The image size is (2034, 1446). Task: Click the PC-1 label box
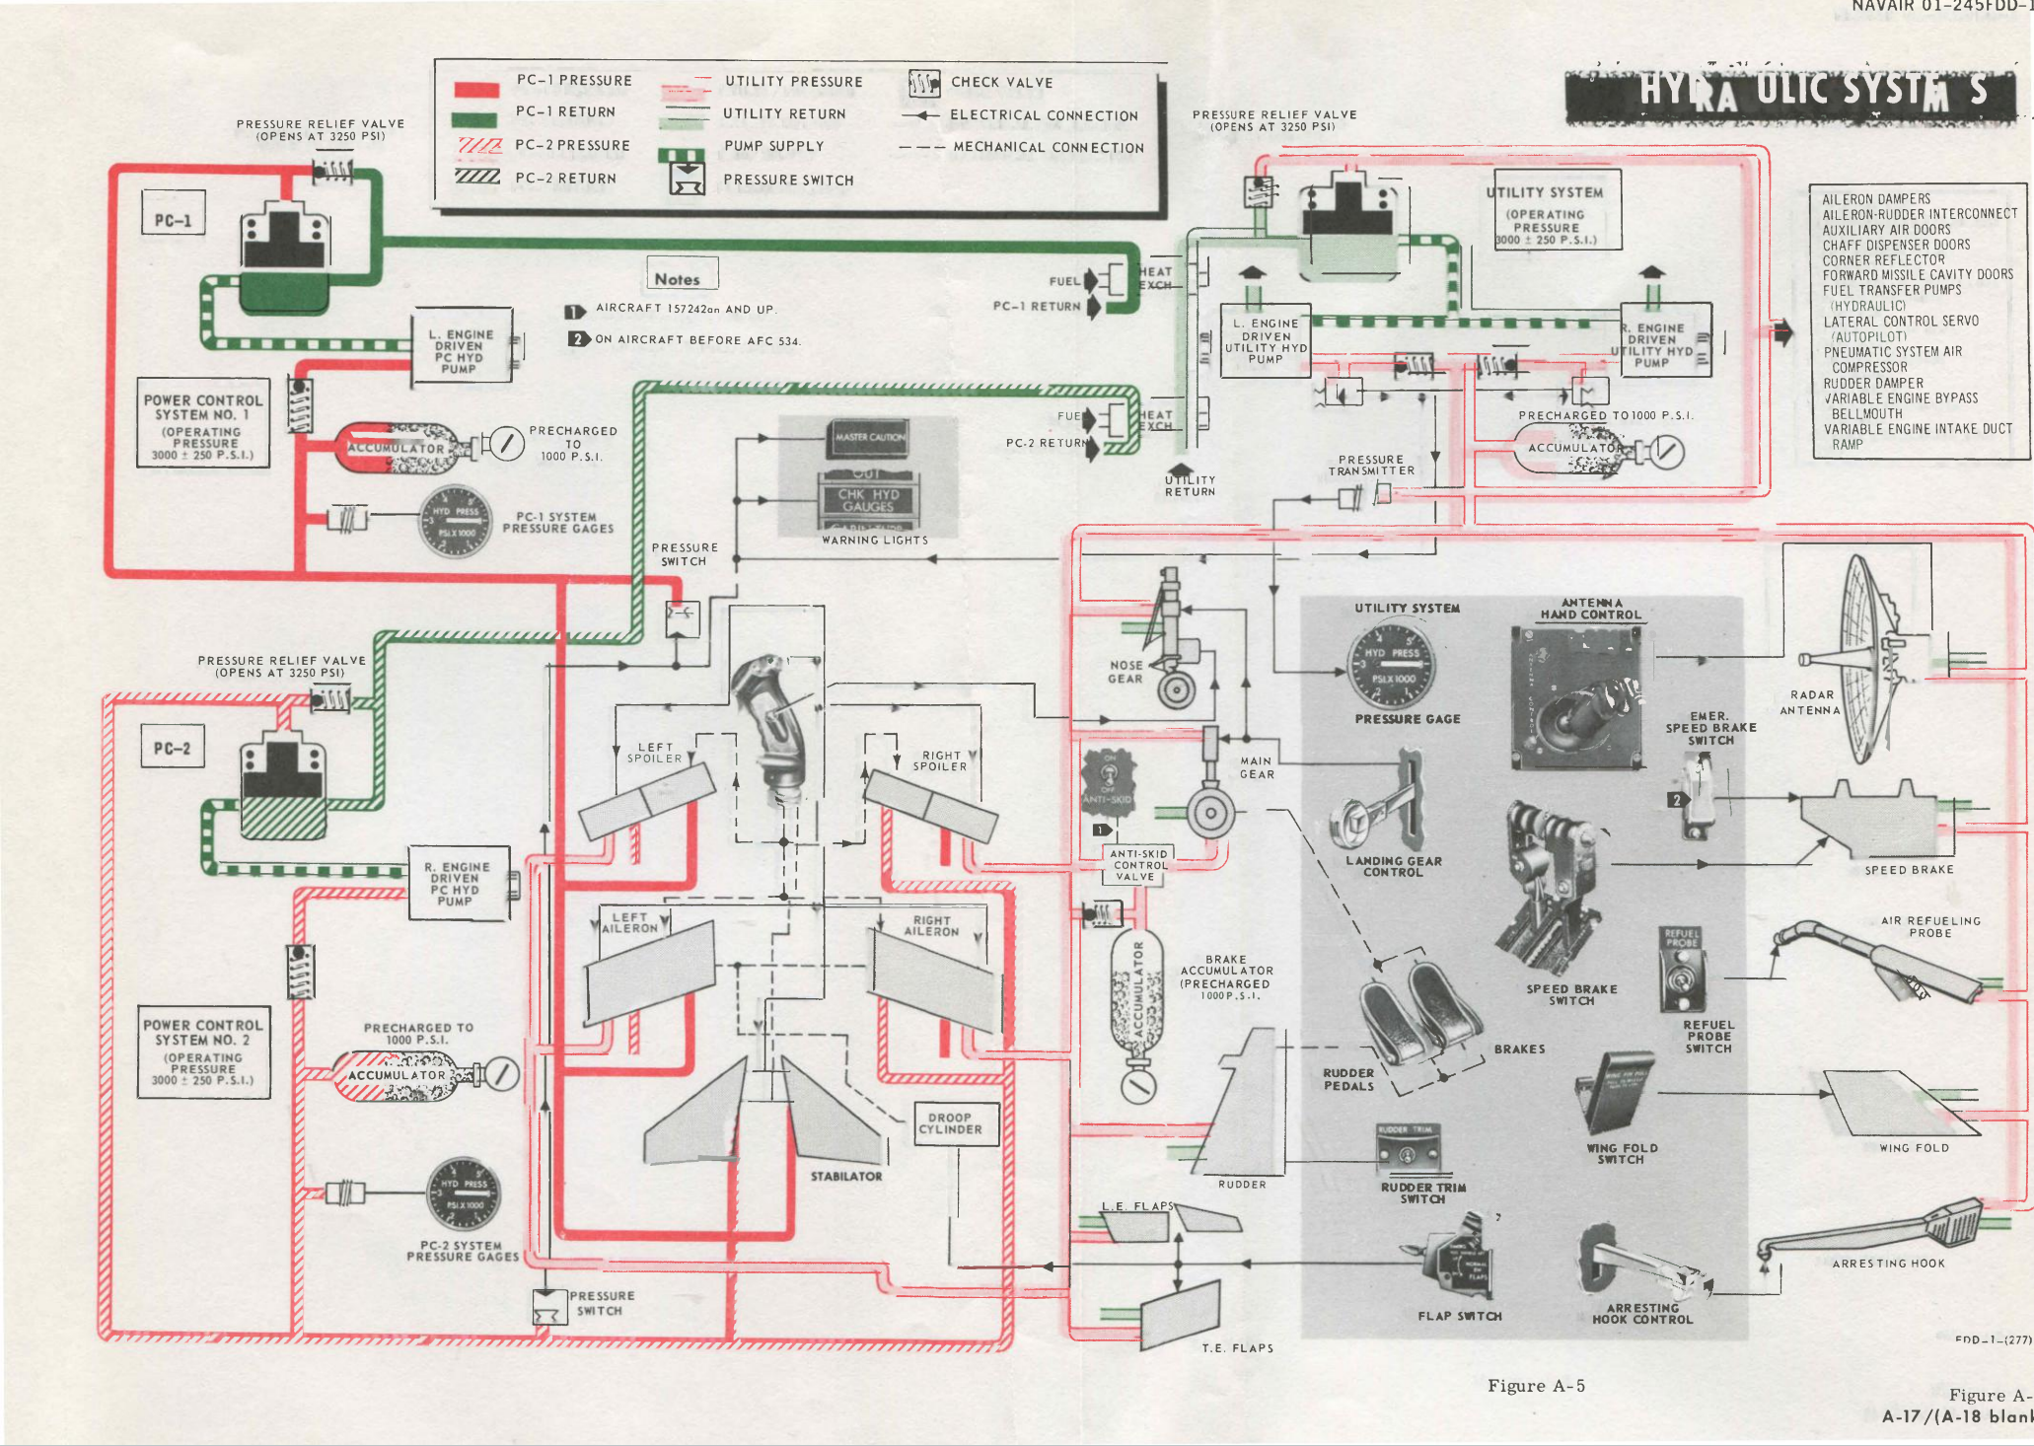pyautogui.click(x=173, y=220)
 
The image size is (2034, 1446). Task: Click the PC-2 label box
pyautogui.click(x=172, y=748)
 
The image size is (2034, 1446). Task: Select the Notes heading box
pyautogui.click(x=682, y=277)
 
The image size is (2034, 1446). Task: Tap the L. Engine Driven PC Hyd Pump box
pyautogui.click(x=461, y=351)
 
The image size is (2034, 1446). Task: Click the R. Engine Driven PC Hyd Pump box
pyautogui.click(x=458, y=884)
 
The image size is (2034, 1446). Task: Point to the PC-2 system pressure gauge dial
pyautogui.click(x=463, y=1193)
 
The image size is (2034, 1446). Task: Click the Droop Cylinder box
pyautogui.click(x=954, y=1124)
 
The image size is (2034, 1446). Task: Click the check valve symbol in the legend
pyautogui.click(x=922, y=83)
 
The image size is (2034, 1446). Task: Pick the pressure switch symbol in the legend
pyautogui.click(x=688, y=179)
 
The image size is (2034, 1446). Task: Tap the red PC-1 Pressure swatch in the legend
pyautogui.click(x=475, y=89)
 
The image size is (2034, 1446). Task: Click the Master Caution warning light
pyautogui.click(x=868, y=436)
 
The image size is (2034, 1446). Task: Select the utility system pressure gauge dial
pyautogui.click(x=1391, y=666)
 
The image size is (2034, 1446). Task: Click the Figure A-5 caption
pyautogui.click(x=1535, y=1386)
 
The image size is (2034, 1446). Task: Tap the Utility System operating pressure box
pyautogui.click(x=1557, y=213)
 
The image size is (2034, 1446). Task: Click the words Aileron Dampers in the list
pyautogui.click(x=1875, y=199)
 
